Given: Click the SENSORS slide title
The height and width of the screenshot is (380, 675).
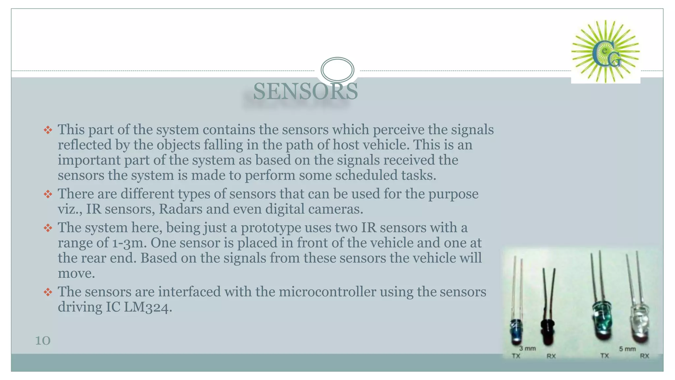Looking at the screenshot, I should click(305, 91).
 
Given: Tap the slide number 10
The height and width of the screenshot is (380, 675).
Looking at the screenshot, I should click(43, 341).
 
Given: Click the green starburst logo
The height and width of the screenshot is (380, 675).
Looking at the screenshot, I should click(605, 51).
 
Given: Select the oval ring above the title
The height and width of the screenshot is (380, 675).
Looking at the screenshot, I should click(337, 70).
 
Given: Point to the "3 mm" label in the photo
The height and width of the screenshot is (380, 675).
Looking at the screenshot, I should click(527, 348).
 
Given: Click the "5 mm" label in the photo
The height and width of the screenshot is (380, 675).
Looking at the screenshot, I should click(627, 349).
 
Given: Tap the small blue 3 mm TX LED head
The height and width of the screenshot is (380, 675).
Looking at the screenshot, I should click(515, 331).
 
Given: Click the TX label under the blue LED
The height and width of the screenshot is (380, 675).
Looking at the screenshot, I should click(516, 356).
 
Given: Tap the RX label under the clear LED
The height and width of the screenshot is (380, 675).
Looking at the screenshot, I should click(644, 356).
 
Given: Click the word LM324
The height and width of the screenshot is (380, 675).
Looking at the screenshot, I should click(148, 307).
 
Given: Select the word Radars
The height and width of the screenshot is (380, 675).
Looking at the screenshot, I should click(181, 209).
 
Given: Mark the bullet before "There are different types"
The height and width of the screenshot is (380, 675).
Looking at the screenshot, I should click(48, 194).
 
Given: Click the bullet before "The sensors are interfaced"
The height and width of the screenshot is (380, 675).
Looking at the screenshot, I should click(48, 292).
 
